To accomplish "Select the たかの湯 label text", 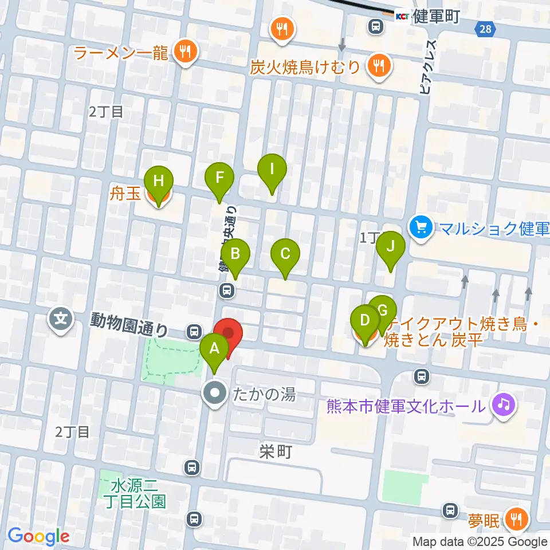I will pos(264,394).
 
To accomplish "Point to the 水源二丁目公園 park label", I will pos(138,494).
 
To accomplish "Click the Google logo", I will pos(39,537).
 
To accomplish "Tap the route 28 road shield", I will pos(485,29).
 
